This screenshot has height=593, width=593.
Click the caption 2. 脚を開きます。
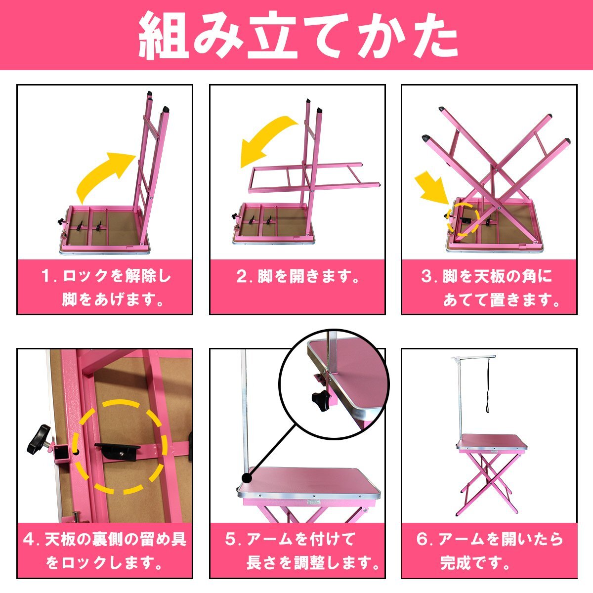pos(297,277)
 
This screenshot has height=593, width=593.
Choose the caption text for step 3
pos(489,287)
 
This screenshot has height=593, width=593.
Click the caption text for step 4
pos(105,551)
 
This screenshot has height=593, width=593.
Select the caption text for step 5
pos(301,551)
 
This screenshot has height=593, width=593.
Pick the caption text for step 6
pos(489,551)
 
